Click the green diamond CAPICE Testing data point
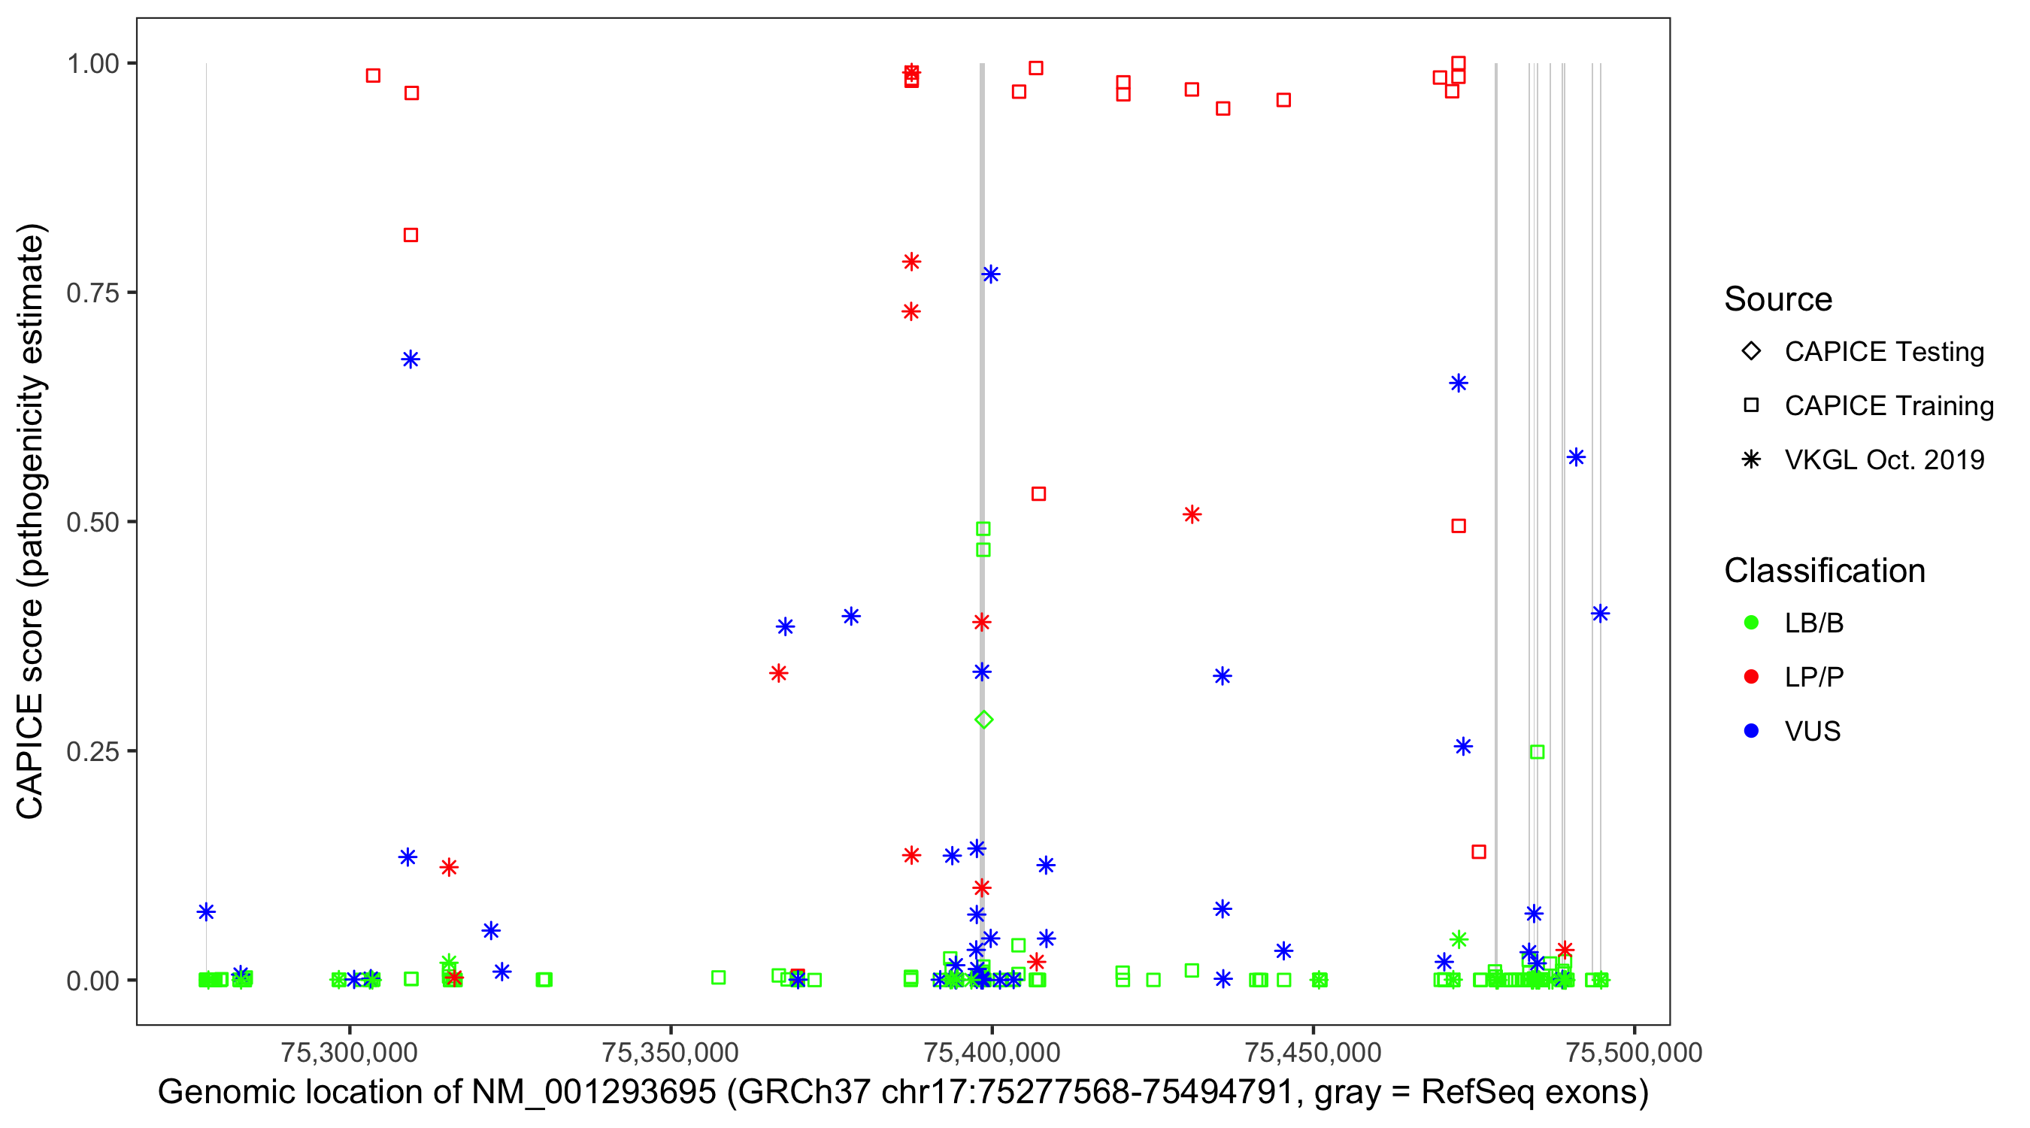983,720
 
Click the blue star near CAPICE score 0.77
991,274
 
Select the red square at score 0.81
411,235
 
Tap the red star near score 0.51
1192,514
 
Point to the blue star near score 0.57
1576,457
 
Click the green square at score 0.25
1537,752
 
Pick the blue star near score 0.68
411,359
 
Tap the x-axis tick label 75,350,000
670,1052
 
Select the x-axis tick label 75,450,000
1313,1052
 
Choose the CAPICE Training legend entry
1888,406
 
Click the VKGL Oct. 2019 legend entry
1883,459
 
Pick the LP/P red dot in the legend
1751,677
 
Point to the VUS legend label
1813,732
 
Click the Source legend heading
1778,299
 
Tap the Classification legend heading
1824,571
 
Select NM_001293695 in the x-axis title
594,1093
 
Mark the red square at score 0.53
1038,493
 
